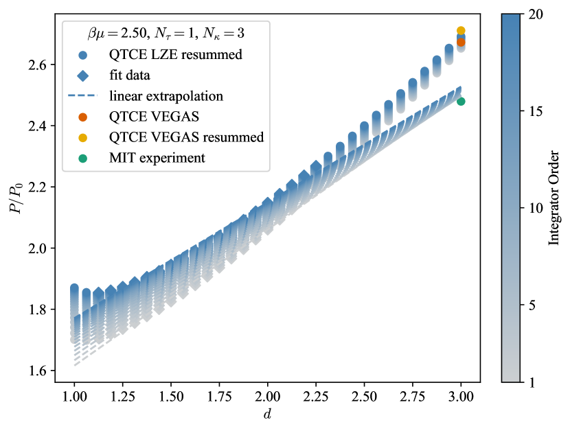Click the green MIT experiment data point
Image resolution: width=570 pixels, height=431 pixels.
coord(461,102)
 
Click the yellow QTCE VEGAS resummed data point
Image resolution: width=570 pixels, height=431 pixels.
coord(461,31)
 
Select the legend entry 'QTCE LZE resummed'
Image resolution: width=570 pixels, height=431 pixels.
coord(175,54)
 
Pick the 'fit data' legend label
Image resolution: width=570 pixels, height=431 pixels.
coord(135,75)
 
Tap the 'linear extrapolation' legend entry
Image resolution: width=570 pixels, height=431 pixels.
coord(166,95)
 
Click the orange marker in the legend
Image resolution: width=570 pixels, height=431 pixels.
coord(83,116)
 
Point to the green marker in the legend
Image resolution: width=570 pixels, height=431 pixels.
coord(83,158)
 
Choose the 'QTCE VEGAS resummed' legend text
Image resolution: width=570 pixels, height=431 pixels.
coord(186,137)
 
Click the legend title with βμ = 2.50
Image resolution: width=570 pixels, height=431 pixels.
coord(165,33)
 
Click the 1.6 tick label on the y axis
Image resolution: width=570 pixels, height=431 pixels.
coord(38,371)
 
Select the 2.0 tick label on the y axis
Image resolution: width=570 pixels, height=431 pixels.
coord(38,248)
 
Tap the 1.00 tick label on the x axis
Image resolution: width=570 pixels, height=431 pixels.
coord(74,397)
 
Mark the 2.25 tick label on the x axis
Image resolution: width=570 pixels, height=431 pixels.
coord(317,397)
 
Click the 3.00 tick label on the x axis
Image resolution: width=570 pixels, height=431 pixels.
coord(461,397)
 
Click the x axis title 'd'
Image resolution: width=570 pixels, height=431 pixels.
coord(268,415)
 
